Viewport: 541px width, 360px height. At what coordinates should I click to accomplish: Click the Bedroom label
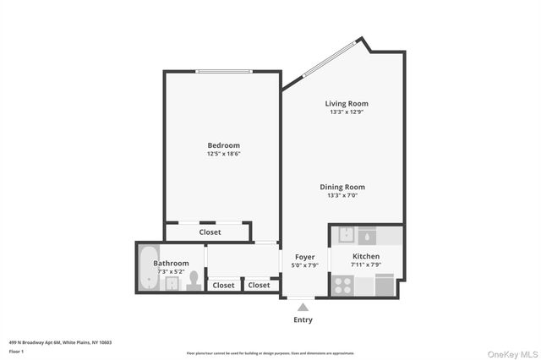point(223,145)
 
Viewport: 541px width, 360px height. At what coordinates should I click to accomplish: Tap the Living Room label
point(347,103)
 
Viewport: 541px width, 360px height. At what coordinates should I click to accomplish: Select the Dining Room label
point(342,187)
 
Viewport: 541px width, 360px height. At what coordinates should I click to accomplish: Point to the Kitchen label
point(366,256)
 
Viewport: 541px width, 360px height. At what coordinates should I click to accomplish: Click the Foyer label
point(305,257)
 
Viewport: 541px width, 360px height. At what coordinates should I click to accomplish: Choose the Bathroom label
point(171,263)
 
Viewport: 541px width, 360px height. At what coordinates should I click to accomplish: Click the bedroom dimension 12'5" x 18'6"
point(223,154)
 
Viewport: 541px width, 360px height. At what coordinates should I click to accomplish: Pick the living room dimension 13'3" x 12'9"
point(347,112)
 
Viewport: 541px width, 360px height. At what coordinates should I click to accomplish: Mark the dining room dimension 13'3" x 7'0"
point(342,195)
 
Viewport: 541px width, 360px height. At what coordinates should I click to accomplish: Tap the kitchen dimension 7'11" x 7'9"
point(366,265)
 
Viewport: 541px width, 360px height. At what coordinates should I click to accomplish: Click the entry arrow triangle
point(303,307)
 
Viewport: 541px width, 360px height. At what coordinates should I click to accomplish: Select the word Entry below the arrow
point(303,319)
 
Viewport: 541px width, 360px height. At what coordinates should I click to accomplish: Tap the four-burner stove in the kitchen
point(342,286)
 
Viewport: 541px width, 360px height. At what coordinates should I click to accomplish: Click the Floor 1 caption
point(16,351)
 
